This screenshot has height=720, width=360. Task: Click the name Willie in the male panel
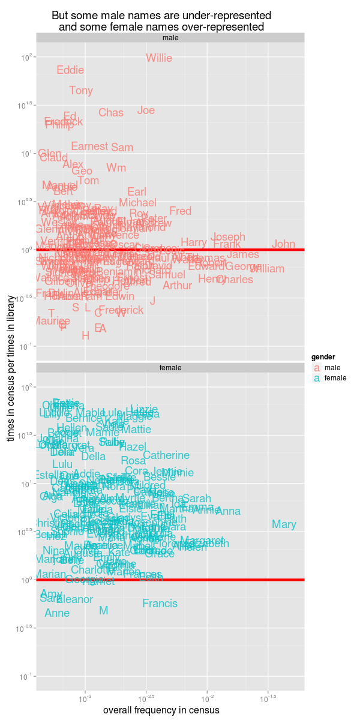(x=159, y=58)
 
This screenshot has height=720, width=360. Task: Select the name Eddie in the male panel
(x=70, y=70)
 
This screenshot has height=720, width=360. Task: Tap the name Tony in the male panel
(x=81, y=91)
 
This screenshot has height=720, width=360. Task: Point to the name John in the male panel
(x=283, y=244)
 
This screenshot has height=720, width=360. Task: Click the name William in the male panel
(x=267, y=269)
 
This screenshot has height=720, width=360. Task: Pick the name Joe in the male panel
(x=146, y=110)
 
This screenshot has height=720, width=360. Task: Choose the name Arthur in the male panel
(x=178, y=286)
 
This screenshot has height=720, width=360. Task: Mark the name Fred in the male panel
(x=180, y=211)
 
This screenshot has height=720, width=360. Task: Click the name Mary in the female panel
(x=284, y=524)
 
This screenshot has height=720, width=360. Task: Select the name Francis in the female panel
(x=160, y=604)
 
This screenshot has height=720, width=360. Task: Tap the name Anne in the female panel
(x=58, y=613)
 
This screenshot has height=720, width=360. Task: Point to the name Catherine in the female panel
(x=166, y=455)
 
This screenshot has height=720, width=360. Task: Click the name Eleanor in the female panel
(x=75, y=599)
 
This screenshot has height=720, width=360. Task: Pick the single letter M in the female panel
(x=103, y=611)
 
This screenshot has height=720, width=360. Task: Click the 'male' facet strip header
(x=170, y=38)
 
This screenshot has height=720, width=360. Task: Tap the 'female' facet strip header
(x=170, y=367)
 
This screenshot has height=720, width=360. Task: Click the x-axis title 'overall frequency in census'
(x=161, y=710)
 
